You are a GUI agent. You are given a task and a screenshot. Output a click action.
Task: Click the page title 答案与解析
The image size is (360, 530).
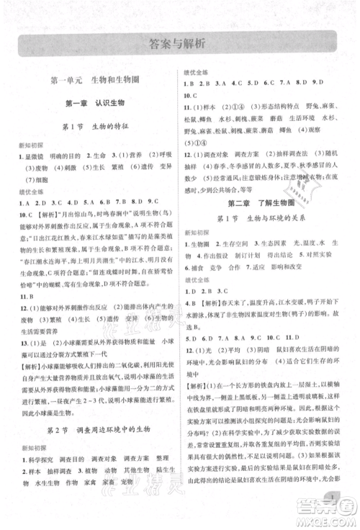click(x=180, y=42)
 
